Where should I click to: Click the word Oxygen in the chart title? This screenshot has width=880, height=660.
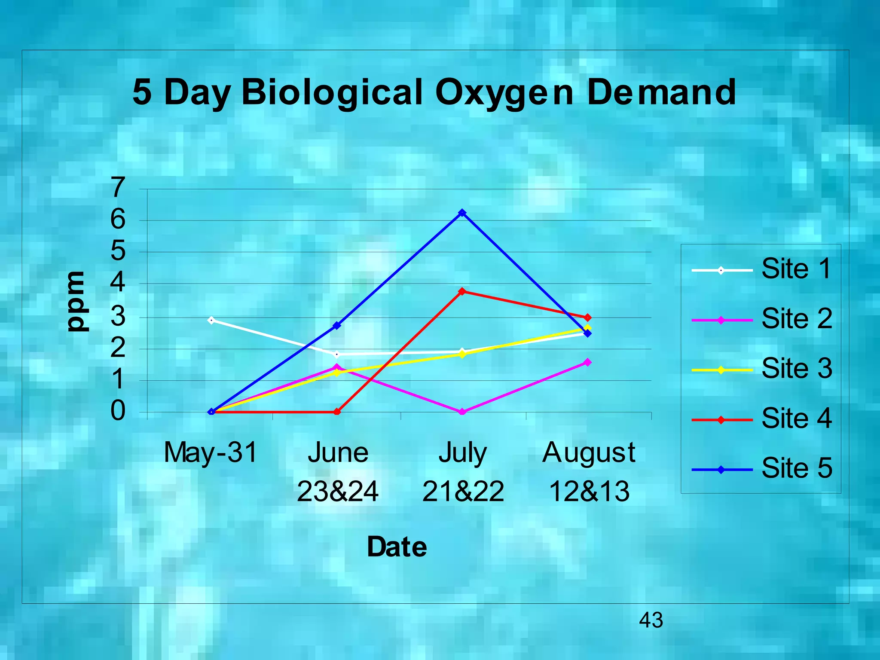(504, 92)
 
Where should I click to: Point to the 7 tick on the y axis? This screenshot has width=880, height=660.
(118, 188)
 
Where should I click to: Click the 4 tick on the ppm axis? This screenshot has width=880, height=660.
(118, 283)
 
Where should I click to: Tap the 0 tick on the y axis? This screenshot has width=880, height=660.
(118, 411)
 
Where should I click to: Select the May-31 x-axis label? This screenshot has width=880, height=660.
(211, 452)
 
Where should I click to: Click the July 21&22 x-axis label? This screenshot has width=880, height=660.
(463, 471)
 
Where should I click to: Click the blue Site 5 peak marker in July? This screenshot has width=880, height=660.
(462, 213)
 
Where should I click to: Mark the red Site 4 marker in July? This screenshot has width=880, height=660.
(462, 291)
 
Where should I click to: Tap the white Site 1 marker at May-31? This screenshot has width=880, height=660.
(211, 320)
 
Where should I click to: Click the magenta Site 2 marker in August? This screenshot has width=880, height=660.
(587, 362)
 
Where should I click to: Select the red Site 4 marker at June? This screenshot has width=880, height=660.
(337, 412)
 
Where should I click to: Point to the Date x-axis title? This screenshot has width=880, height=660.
(397, 547)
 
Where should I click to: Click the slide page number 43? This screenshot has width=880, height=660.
(651, 620)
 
